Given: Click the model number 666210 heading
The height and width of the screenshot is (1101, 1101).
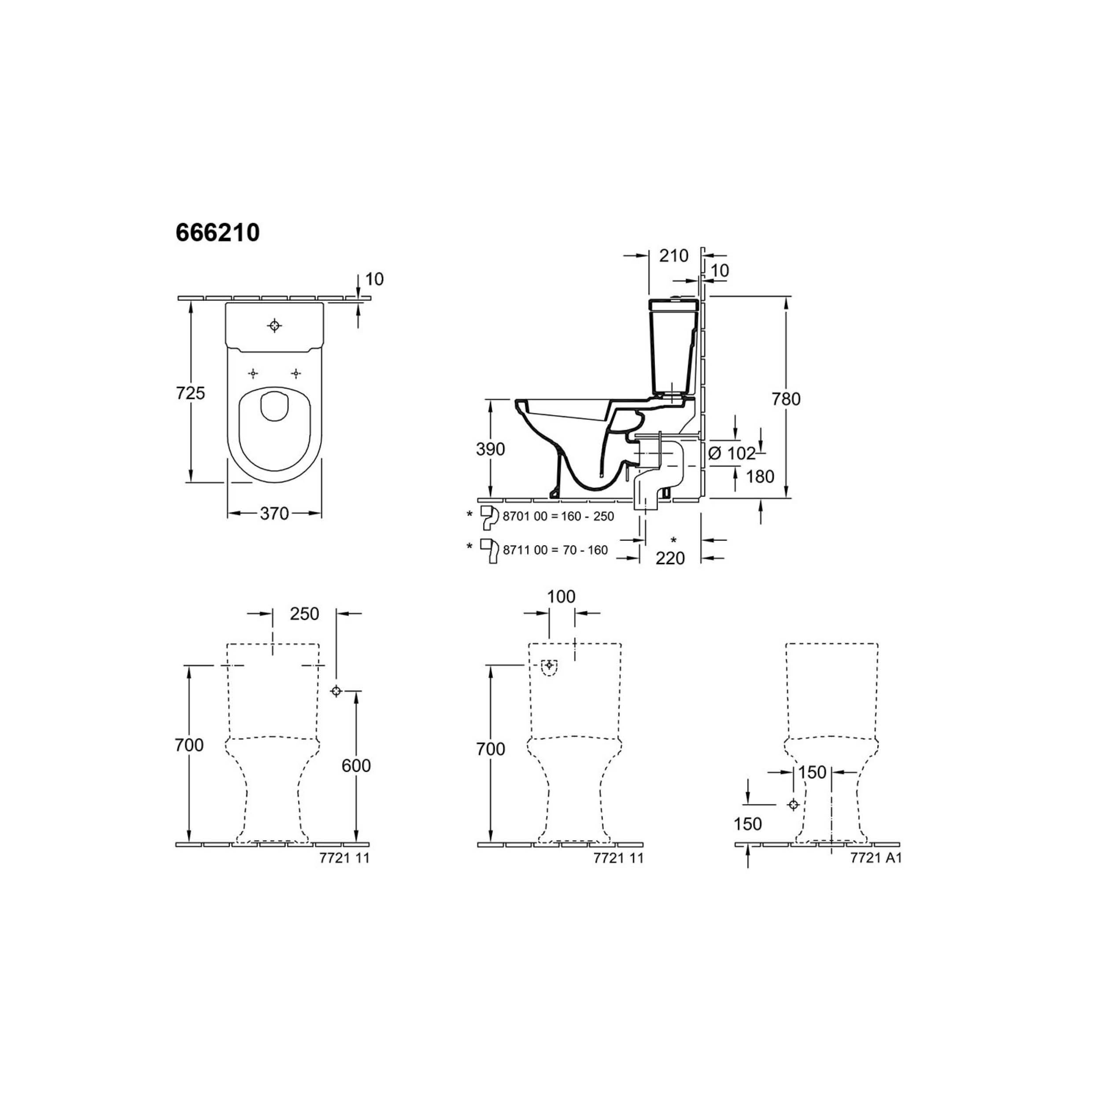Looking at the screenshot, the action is tap(218, 233).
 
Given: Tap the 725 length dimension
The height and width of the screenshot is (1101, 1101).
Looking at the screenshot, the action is tap(190, 393).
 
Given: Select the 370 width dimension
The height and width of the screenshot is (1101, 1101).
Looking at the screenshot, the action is tap(275, 514).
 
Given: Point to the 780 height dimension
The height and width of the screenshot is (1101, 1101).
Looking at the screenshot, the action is tap(787, 399).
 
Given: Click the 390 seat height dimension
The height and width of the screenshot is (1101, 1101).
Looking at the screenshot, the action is tap(491, 449).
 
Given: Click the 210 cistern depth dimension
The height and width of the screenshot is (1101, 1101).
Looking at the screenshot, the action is tap(674, 256).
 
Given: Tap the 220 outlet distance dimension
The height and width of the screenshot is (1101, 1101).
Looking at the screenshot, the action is tap(670, 558).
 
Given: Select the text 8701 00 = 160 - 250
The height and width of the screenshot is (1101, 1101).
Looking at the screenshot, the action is tap(558, 516).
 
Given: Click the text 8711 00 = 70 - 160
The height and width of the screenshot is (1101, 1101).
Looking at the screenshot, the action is tap(556, 550).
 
